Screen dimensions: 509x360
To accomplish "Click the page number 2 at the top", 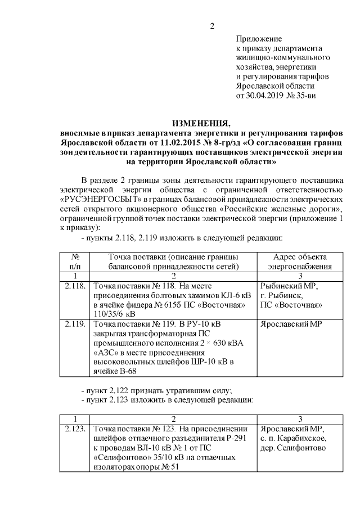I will coord(212,26).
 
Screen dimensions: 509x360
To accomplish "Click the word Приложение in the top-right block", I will coord(258,39).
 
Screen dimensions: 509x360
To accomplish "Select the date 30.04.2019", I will coord(268,96).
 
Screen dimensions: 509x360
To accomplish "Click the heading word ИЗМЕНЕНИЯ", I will coord(201,123).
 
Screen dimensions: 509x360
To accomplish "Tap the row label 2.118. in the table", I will coord(75,286).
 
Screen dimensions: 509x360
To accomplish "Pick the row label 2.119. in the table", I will coord(75,325).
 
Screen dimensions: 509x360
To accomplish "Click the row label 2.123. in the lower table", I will coord(75,429).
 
